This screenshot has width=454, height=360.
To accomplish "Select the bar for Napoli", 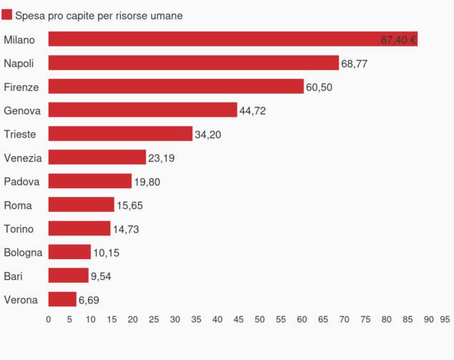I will point(193,63).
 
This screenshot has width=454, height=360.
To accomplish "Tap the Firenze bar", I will point(176,87).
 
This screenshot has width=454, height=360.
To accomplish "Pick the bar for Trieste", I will point(120,134).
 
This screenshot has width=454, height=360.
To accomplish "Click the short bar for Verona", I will point(62,299).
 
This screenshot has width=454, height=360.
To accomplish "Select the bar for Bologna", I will point(69,252).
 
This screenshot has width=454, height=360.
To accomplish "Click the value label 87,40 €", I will point(398,40).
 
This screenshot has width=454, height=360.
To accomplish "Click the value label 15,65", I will point(129,205).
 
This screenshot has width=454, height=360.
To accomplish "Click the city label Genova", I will point(22,110).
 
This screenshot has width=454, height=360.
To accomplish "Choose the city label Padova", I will point(22,181).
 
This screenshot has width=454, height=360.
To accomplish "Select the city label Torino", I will point(19,228).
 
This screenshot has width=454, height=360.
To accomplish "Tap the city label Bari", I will point(13,276).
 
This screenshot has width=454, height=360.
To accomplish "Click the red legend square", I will point(7,15).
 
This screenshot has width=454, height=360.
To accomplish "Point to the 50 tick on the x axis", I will point(260,320).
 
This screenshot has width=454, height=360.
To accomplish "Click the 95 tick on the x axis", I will point(445,320).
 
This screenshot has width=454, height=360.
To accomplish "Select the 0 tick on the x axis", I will point(49,320).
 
